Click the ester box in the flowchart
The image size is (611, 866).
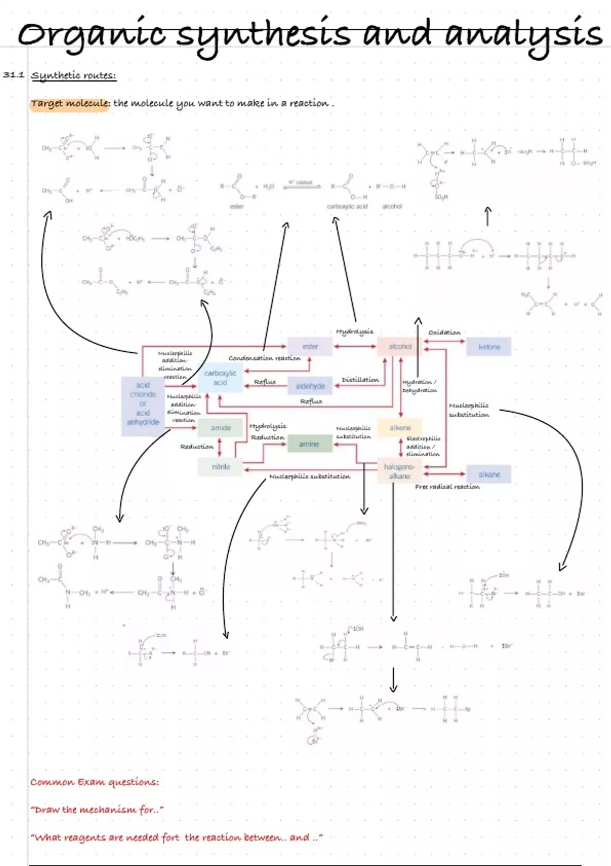(x=310, y=346)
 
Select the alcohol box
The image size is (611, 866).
(x=400, y=346)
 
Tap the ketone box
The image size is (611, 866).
(x=489, y=347)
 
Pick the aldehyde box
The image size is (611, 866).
(x=310, y=386)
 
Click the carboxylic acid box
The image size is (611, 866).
(x=220, y=378)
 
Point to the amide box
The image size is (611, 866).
(x=220, y=428)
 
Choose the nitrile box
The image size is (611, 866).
(x=220, y=467)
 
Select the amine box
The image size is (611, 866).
(x=309, y=444)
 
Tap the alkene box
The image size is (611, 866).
(x=400, y=428)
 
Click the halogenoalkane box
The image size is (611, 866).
(x=400, y=471)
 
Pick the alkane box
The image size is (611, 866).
(x=489, y=474)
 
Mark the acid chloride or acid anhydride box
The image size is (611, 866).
(x=143, y=403)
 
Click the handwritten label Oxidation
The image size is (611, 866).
(x=444, y=333)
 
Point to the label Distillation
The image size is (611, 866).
(x=360, y=380)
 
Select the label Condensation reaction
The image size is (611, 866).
(x=264, y=358)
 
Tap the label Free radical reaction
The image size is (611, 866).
(x=447, y=487)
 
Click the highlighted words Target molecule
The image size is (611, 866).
(x=69, y=103)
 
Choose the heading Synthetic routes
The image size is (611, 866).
(x=74, y=76)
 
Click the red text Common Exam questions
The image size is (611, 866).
(x=94, y=782)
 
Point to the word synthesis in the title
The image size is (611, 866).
(x=265, y=35)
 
